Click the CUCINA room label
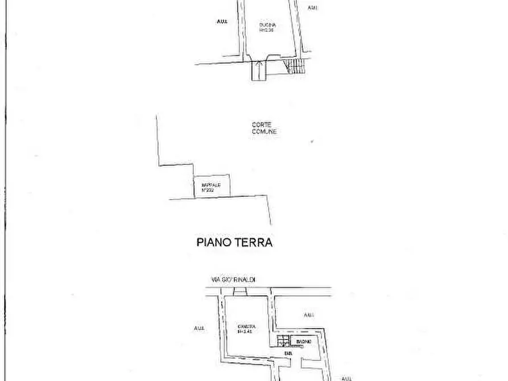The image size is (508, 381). [267, 26]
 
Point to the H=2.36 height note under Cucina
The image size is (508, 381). [267, 31]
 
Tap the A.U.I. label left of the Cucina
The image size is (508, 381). [222, 22]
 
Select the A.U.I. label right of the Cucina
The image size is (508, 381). [313, 7]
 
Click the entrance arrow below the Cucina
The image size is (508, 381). [259, 70]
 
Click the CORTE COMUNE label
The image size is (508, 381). [265, 129]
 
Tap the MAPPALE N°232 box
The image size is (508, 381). [212, 186]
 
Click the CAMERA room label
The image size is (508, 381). [247, 326]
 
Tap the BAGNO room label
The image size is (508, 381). [303, 341]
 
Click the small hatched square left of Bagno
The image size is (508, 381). [282, 341]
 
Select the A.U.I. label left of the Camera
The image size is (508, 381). [199, 328]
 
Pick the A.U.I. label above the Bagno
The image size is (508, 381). [309, 314]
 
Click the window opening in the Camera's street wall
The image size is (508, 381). [239, 292]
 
